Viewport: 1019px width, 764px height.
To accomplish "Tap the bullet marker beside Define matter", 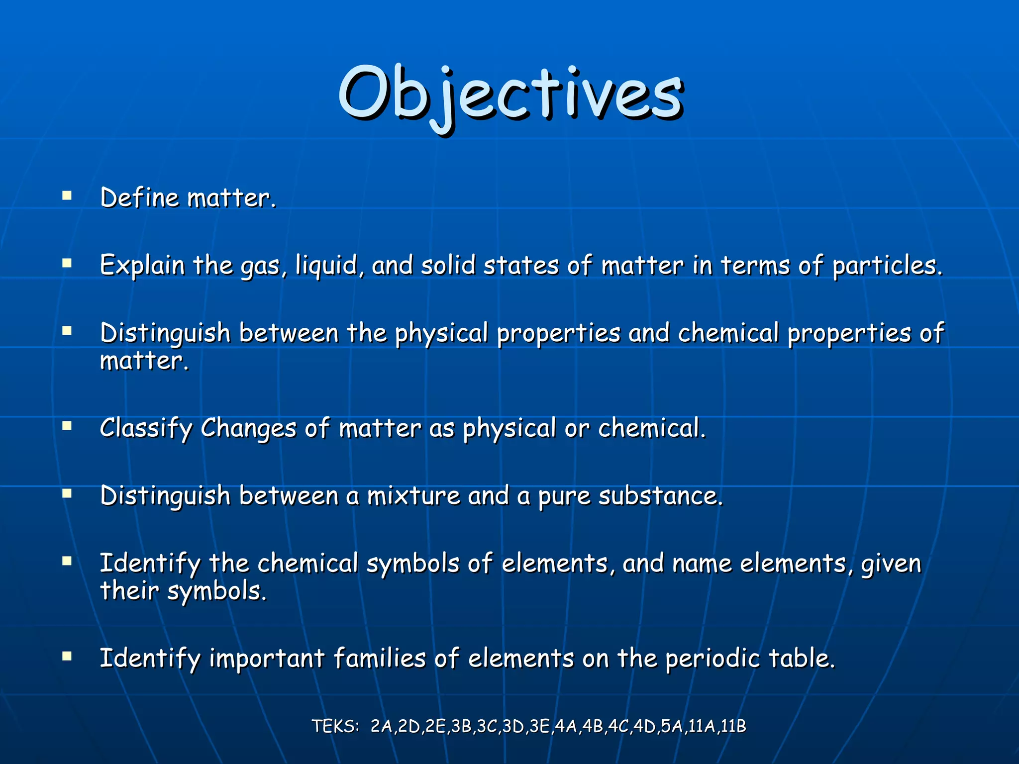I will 67,195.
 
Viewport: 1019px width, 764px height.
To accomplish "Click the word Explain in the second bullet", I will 142,266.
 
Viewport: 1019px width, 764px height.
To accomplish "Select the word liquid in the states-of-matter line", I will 326,266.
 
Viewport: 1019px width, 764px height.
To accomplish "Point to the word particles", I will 887,266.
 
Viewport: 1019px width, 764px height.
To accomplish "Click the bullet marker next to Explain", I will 67,263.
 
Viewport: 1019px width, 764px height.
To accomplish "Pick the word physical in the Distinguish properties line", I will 441,333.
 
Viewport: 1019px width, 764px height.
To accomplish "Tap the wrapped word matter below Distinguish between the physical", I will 144,361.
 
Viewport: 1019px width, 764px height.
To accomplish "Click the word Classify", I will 146,429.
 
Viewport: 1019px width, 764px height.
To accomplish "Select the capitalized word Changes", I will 248,429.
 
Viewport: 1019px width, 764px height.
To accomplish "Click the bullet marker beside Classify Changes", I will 67,426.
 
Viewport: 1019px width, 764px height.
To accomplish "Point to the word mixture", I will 413,496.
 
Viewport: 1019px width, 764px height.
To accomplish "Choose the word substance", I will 660,496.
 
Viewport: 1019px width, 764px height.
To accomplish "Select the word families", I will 380,659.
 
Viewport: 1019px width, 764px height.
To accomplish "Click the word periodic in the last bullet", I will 713,659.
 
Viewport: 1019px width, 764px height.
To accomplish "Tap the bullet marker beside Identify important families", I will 67,656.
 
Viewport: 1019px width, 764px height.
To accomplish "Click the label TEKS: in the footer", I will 335,727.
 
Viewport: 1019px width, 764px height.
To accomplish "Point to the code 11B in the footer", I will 733,727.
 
